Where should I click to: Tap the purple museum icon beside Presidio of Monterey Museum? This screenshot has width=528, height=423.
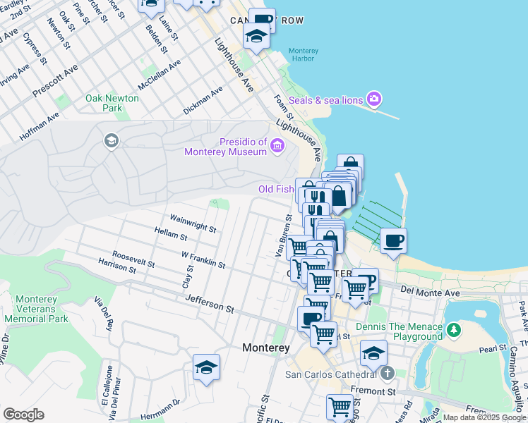(277, 147)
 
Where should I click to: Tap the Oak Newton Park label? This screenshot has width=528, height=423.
(112, 103)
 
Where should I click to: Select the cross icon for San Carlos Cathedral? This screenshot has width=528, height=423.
(386, 372)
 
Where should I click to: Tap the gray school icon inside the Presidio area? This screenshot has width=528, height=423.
(111, 141)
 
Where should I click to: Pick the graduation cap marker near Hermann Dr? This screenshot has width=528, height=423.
(206, 367)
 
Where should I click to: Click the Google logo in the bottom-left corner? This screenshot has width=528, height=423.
(23, 415)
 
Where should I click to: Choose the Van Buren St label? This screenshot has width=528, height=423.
(282, 235)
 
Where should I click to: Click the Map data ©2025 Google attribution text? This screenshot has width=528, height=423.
(484, 418)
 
